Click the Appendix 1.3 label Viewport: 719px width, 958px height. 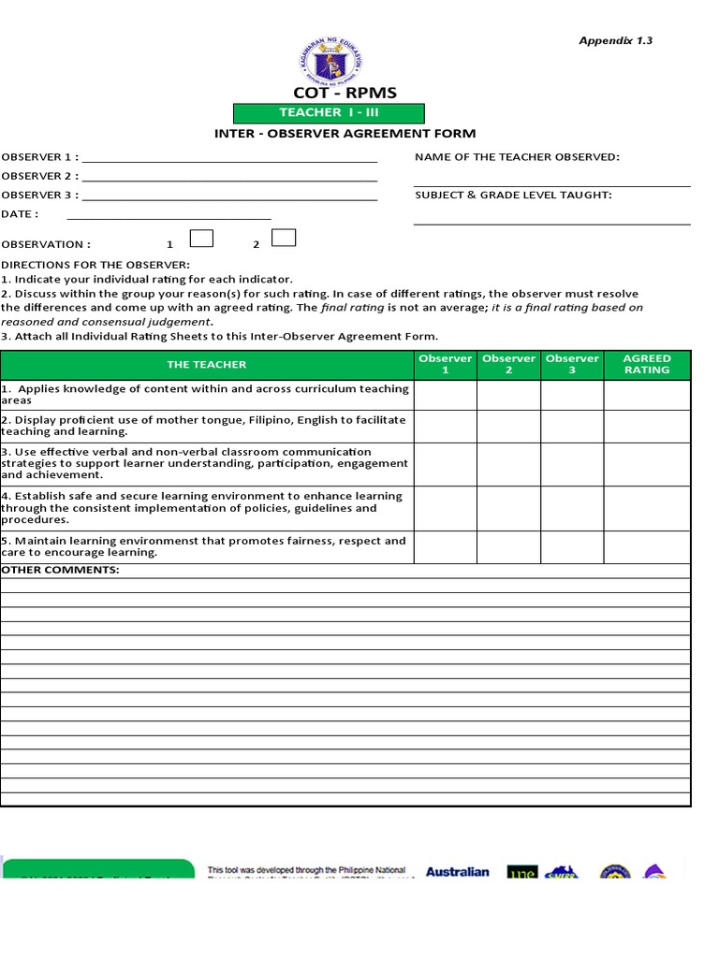(614, 40)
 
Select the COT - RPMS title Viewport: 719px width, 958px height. (345, 92)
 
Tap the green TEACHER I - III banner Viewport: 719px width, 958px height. (329, 112)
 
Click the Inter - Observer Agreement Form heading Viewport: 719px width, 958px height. (345, 134)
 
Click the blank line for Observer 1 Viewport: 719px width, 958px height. (229, 157)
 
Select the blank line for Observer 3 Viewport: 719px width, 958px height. (229, 196)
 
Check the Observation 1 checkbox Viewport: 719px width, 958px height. (201, 239)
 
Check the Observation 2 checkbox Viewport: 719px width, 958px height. (284, 239)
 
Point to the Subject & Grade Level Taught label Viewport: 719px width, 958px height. (513, 195)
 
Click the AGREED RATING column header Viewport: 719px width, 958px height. (647, 364)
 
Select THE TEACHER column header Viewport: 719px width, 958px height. (207, 364)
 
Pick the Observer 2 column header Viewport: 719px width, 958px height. (508, 364)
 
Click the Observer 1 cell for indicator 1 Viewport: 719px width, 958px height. (446, 394)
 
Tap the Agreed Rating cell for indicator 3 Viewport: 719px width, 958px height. (647, 464)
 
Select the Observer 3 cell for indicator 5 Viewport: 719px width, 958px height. (572, 546)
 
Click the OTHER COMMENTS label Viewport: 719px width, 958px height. (60, 570)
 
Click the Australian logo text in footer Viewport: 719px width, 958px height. (457, 872)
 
